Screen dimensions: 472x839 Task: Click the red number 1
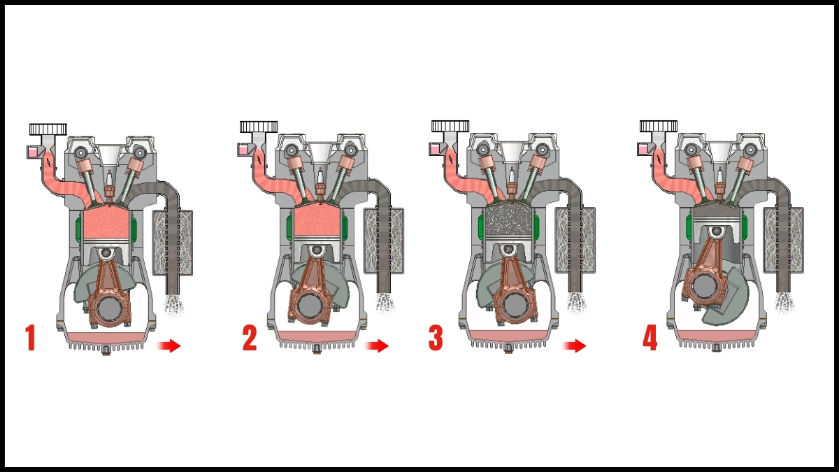30,338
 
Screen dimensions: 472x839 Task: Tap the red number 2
250,338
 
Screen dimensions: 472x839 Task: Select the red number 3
436,338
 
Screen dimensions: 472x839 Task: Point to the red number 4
650,338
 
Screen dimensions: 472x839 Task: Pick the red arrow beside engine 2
377,345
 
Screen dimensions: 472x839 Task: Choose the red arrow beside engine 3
575,345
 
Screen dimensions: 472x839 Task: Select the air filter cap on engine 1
48,129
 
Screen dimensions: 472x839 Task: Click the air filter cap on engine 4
659,127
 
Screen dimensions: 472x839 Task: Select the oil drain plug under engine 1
106,349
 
